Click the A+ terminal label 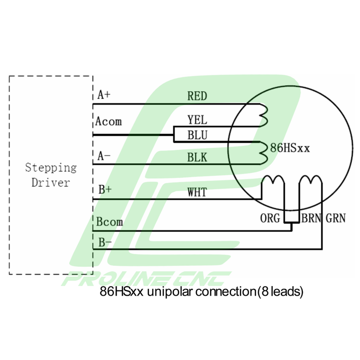(104, 94)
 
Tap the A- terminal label (104, 156)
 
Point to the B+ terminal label (105, 189)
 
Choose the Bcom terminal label (109, 222)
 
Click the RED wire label (197, 96)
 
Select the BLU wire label (197, 135)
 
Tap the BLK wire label (197, 157)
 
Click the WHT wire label (197, 192)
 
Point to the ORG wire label (270, 218)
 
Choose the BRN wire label (312, 218)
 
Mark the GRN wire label (336, 218)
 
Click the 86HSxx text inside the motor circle (290, 148)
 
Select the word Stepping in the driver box (51, 168)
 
